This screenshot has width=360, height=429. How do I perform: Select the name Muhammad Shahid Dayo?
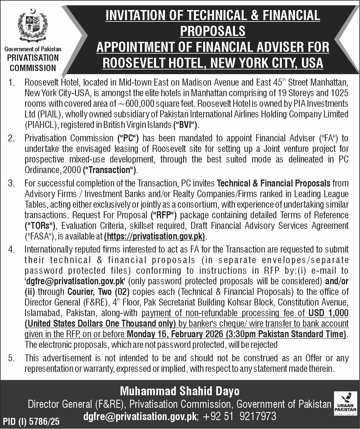180,391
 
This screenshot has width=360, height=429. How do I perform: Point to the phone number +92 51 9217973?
239,416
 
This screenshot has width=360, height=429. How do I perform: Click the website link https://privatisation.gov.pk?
154,237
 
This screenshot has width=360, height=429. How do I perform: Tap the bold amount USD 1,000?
328,313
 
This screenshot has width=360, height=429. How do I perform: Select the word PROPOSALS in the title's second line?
213,31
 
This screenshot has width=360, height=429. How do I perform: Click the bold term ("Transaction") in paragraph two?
110,170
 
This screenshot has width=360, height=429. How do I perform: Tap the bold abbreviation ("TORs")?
40,226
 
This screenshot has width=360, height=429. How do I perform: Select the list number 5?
11,358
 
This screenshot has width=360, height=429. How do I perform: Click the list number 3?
11,183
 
